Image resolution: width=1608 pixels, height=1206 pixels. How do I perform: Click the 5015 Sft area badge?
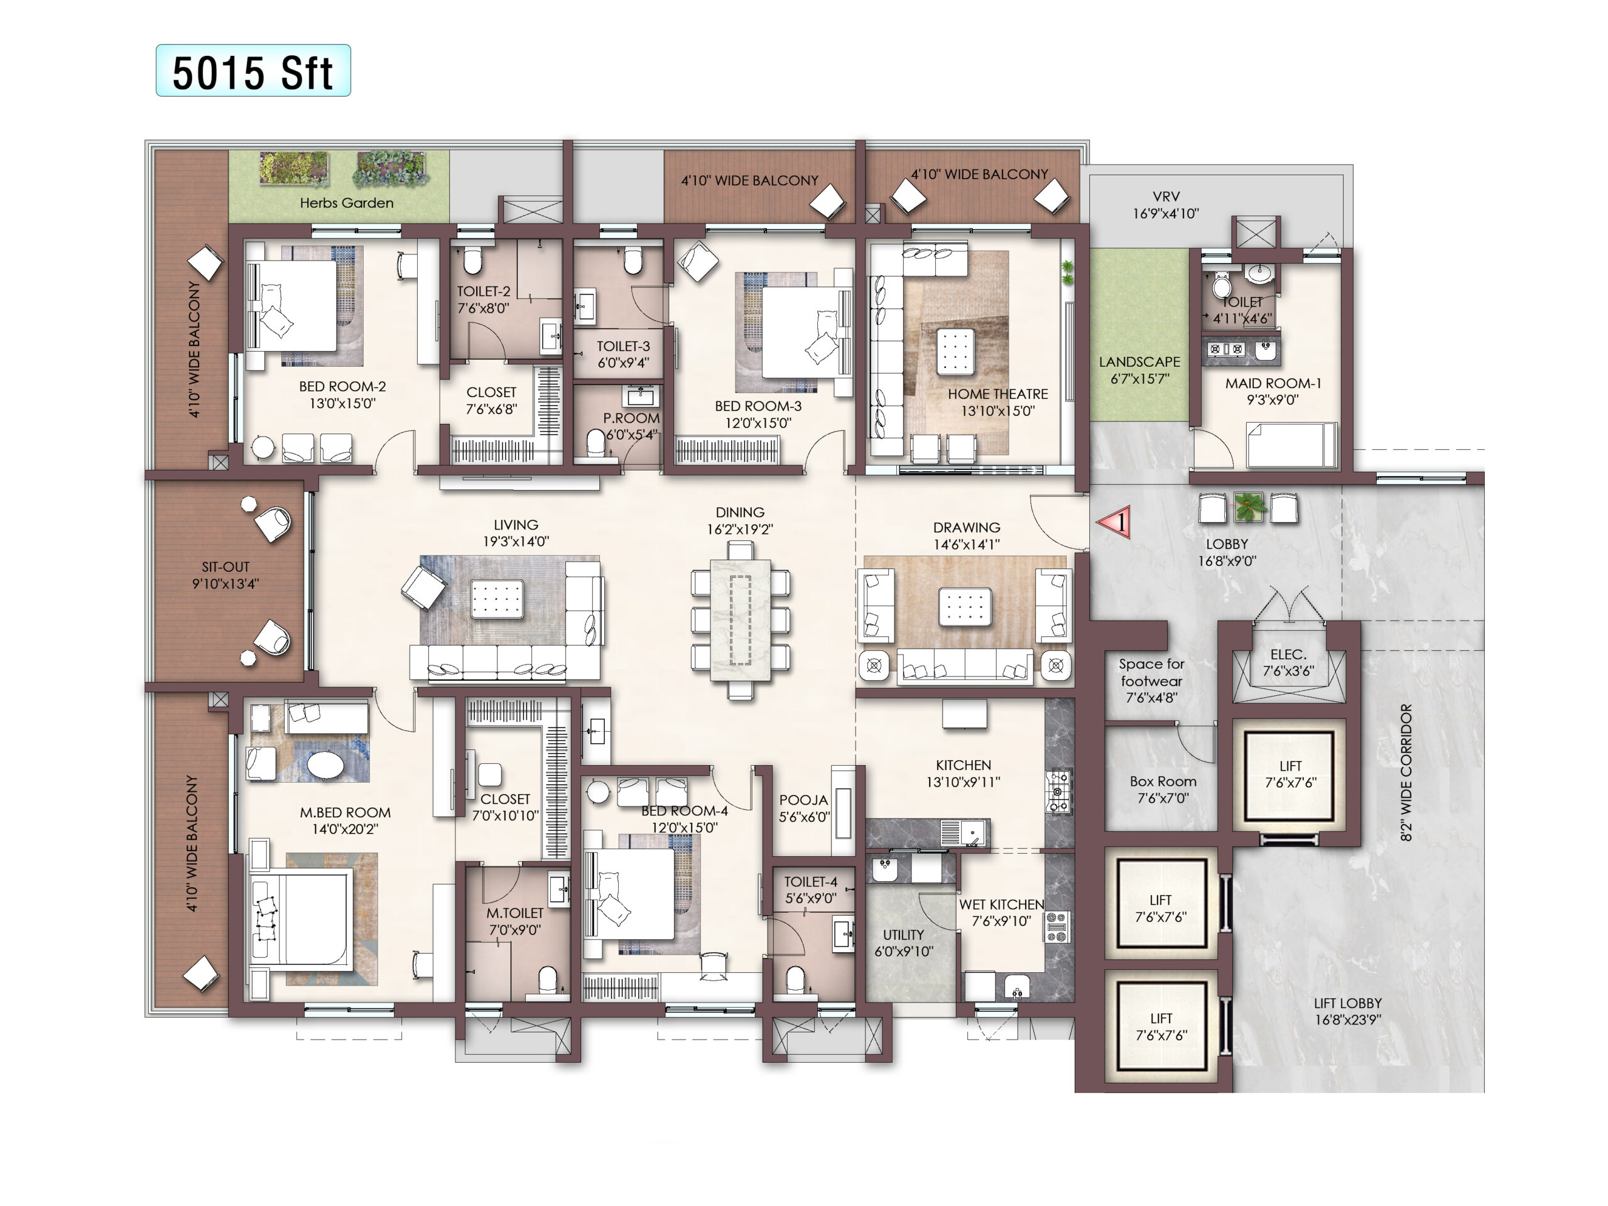tap(253, 70)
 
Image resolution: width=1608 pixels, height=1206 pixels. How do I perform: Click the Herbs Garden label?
tap(347, 203)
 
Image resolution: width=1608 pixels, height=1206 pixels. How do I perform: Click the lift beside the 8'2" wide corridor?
tap(1290, 775)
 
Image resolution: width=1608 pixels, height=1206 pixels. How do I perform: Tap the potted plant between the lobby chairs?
tap(1248, 507)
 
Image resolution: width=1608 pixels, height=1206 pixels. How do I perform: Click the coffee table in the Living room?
tap(497, 599)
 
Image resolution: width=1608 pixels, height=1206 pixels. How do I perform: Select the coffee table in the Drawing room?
tap(965, 607)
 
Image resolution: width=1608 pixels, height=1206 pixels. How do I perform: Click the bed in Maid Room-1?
tap(1292, 445)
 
